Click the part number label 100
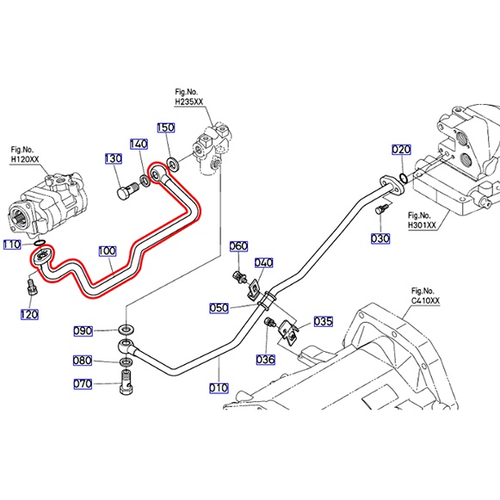[107, 251]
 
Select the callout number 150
[166, 127]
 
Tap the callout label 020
[401, 150]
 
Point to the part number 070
[83, 384]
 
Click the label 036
[265, 360]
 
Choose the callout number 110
[12, 245]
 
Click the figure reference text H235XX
[189, 102]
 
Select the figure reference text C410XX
[425, 300]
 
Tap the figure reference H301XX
[422, 225]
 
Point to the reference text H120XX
[25, 159]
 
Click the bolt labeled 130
[127, 190]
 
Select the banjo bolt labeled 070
[127, 381]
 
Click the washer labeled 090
[127, 329]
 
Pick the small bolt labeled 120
[32, 287]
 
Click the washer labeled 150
[173, 164]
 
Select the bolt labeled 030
[380, 209]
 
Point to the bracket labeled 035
[288, 332]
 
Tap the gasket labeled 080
[127, 362]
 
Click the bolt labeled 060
[240, 276]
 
